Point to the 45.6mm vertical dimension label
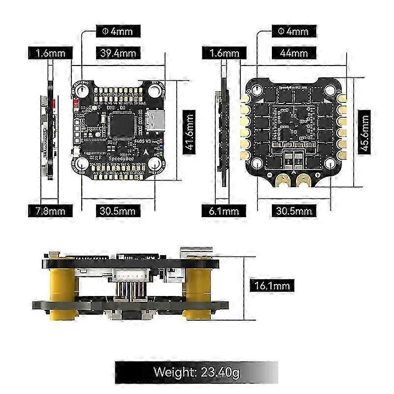coord(364,132)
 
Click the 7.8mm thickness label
coord(51,211)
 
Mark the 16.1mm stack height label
coord(272,285)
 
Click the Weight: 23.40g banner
coord(197,372)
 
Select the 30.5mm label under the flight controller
coord(118,211)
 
